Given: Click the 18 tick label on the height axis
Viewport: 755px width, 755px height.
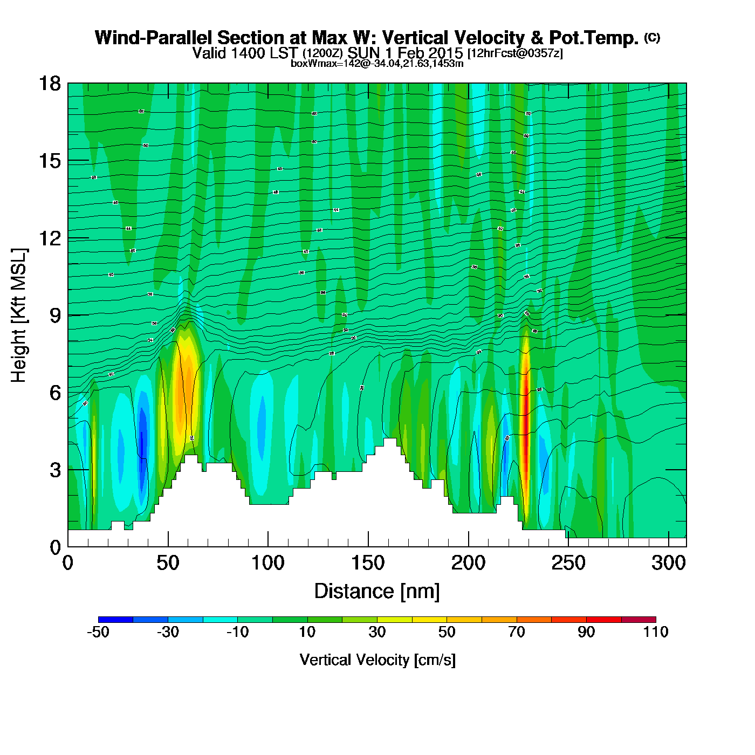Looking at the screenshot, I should (x=49, y=84).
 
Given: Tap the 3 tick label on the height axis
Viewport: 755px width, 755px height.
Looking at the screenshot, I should (x=55, y=470).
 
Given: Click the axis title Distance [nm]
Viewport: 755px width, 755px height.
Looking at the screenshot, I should (x=377, y=592).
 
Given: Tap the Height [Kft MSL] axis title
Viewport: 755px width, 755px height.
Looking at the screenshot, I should (x=19, y=315).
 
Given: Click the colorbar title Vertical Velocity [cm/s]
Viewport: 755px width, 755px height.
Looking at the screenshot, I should (x=377, y=660).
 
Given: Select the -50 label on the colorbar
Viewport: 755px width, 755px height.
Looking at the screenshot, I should (x=98, y=632).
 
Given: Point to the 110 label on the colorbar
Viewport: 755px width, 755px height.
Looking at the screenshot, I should (x=656, y=632).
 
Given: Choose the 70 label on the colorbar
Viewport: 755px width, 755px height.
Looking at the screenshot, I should (x=517, y=632).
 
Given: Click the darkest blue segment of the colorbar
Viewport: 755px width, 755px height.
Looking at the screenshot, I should (x=115, y=620).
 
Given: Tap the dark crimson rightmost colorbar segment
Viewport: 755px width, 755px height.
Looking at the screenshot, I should (x=639, y=620).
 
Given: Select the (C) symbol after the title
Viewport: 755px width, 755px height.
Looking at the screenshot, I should (x=652, y=37).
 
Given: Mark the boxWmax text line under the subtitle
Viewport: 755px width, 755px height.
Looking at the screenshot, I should (x=377, y=63).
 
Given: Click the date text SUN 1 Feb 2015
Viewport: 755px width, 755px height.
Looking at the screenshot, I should (x=405, y=53).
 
